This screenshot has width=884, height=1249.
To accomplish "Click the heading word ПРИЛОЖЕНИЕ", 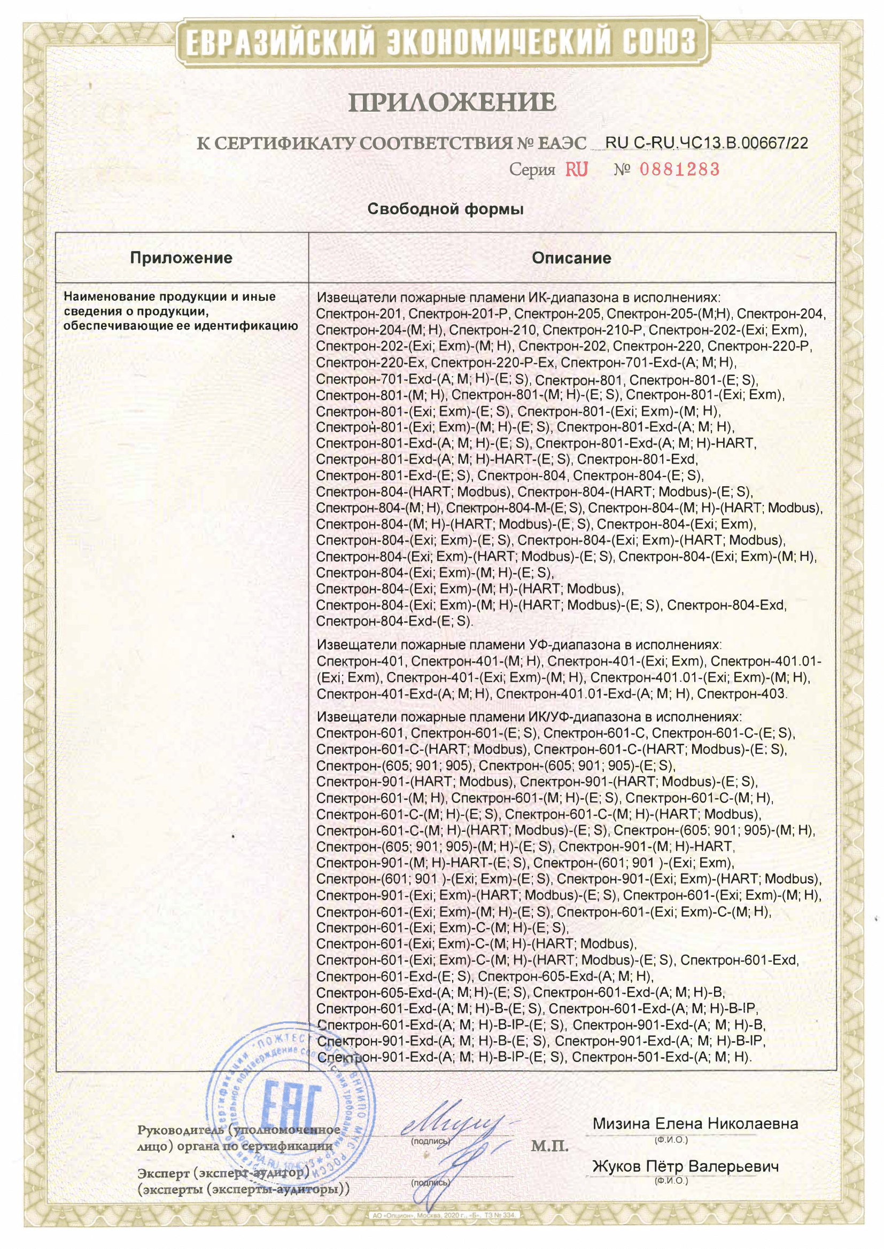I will click(x=451, y=102).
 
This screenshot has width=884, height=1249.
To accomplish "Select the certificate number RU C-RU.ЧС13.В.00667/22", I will click(x=707, y=143).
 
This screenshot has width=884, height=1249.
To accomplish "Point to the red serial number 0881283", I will click(x=679, y=170).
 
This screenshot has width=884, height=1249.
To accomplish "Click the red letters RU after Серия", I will click(x=577, y=170).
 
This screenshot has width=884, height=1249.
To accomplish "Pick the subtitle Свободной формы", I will click(x=445, y=209).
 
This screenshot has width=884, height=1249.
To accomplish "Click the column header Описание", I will click(x=571, y=258).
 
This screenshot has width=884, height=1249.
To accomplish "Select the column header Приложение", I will click(x=181, y=258).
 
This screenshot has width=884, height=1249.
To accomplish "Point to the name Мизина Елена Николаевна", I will click(x=695, y=1124).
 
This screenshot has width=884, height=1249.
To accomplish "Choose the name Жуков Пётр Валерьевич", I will click(x=685, y=1166).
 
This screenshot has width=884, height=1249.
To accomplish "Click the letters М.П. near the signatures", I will click(x=549, y=1147).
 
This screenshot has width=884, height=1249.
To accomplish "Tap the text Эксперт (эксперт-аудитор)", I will click(x=223, y=1173).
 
